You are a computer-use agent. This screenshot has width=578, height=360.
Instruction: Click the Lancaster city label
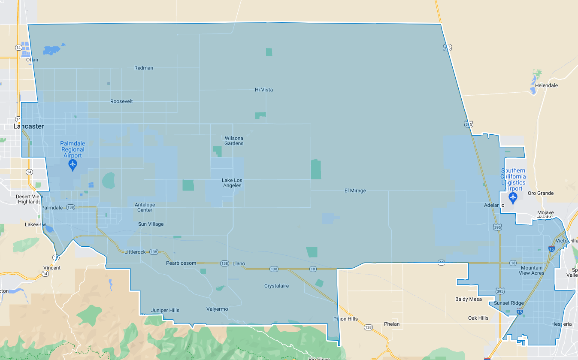28,126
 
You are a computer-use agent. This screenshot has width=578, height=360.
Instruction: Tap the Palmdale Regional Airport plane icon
73,164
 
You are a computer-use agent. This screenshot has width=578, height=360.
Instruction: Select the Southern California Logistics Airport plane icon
512,197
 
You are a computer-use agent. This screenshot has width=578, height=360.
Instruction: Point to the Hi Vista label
264,90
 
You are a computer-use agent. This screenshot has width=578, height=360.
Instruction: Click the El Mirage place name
355,191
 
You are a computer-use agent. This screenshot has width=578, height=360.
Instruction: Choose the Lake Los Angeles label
232,183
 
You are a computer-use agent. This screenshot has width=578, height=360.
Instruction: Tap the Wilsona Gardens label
234,141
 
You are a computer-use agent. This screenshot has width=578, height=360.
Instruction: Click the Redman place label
143,68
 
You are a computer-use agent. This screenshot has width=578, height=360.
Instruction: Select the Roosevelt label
121,101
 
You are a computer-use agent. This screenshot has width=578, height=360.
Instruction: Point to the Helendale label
546,85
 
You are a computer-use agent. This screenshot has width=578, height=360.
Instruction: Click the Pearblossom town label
181,263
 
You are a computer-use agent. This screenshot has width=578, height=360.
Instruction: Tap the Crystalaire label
276,286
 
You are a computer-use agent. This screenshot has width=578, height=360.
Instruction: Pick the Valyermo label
217,309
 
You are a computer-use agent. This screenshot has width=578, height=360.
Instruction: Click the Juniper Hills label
165,310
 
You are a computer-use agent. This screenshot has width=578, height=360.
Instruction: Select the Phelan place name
392,324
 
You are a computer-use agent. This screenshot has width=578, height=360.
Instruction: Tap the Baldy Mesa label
469,299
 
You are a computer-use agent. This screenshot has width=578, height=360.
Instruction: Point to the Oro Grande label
541,193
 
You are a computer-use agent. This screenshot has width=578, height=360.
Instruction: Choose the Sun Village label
151,224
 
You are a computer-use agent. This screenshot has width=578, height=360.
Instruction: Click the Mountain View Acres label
531,270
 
